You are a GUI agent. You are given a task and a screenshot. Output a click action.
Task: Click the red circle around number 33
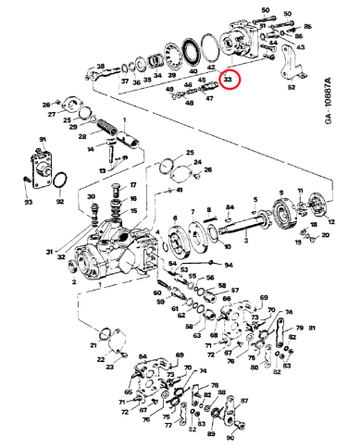point(228,81)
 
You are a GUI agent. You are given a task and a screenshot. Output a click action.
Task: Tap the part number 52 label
point(291,88)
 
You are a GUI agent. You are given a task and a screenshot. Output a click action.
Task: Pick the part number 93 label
point(28,202)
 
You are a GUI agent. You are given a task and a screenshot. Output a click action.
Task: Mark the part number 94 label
point(229,264)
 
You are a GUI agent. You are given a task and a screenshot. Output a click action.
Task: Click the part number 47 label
point(208,96)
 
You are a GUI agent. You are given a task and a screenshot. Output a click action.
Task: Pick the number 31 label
point(49,249)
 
